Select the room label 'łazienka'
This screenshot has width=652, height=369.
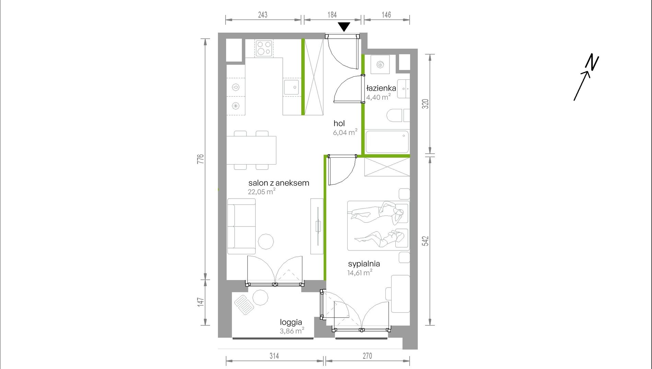click(381, 88)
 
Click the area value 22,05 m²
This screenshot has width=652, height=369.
click(262, 192)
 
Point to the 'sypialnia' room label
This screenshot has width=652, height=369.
click(364, 264)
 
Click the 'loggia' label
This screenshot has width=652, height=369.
click(291, 322)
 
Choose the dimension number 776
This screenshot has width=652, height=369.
click(201, 159)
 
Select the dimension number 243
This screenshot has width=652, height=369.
click(263, 15)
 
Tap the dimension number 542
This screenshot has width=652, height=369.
click(426, 241)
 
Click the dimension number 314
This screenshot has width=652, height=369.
click(274, 356)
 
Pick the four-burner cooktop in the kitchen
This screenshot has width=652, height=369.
click(264, 48)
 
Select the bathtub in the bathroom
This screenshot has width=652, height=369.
click(387, 141)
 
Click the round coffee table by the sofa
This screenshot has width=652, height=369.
click(266, 241)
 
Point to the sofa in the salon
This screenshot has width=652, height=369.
click(242, 226)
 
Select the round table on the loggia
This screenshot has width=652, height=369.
click(260, 298)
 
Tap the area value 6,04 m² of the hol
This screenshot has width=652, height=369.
click(345, 132)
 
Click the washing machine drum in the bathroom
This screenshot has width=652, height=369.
click(380, 64)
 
